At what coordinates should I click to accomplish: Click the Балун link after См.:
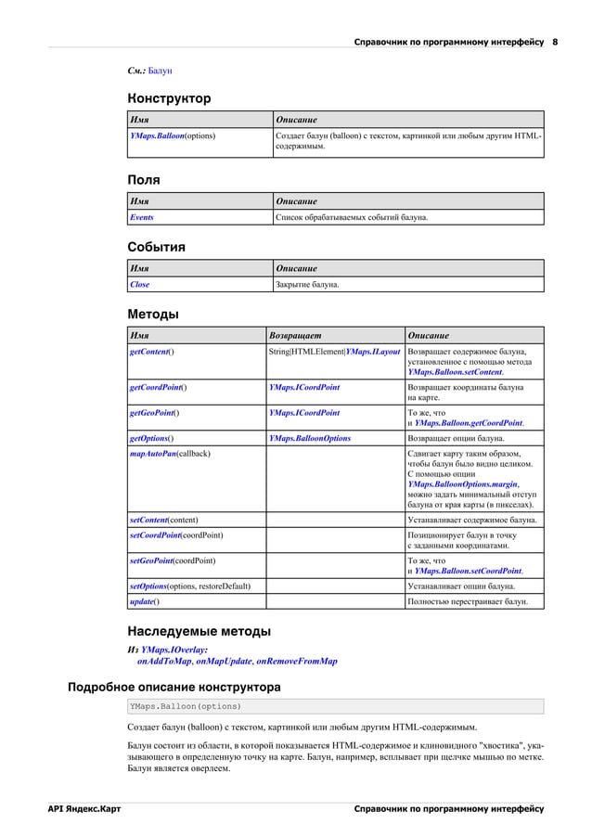coord(160,71)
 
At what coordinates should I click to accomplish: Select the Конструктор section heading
coord(169,98)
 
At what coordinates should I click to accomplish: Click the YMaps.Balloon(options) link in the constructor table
coord(173,136)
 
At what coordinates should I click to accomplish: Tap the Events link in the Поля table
coord(142,217)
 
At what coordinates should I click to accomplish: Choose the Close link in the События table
coord(139,284)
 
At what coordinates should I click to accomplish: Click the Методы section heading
coord(153,314)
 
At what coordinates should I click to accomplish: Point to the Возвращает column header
coord(296,335)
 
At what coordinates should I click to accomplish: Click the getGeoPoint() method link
coord(154,412)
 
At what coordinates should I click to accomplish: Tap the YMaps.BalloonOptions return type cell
coord(310,437)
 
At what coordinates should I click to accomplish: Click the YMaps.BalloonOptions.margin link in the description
coord(463,484)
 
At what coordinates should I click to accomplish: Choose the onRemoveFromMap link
coord(296,662)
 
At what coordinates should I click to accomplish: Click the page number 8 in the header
coord(555,42)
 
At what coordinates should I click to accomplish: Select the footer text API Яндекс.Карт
coord(84,809)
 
